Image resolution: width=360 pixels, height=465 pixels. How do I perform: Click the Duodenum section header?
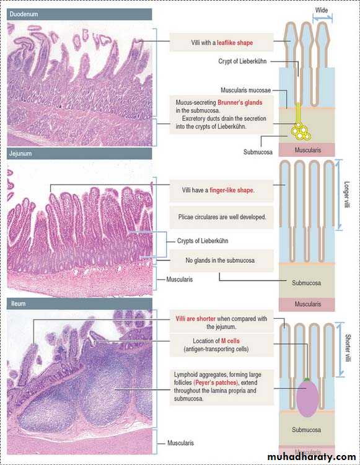tap(79, 14)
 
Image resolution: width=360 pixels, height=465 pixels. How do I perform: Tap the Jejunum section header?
tap(79, 154)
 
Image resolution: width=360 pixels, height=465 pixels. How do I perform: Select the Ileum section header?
tap(79, 304)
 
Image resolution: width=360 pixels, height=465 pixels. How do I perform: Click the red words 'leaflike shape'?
tap(235, 43)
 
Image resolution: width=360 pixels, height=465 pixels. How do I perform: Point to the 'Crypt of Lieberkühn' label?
tap(242, 61)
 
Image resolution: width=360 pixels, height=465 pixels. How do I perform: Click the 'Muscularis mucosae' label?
tap(245, 90)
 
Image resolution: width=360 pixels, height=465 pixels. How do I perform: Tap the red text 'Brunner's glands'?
tap(240, 102)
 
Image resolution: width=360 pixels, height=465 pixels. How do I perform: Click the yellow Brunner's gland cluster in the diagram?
tap(301, 130)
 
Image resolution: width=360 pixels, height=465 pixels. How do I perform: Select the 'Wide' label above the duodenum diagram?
tap(322, 11)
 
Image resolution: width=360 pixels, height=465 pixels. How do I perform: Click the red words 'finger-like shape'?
tap(231, 190)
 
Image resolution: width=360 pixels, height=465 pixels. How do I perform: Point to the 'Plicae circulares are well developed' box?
tap(222, 217)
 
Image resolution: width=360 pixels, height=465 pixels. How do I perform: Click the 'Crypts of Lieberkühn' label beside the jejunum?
tap(203, 241)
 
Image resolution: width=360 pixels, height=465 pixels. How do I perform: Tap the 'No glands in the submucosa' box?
tap(222, 260)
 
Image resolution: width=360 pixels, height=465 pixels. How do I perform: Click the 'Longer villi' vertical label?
tap(347, 195)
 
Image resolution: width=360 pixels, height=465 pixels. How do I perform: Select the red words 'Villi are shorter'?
tap(196, 319)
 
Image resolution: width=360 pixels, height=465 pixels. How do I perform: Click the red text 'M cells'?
tap(230, 341)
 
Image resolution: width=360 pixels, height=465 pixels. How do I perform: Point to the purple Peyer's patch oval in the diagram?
tap(307, 399)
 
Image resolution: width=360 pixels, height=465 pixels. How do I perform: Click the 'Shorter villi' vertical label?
tap(348, 348)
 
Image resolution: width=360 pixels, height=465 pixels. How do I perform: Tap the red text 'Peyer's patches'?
tap(216, 383)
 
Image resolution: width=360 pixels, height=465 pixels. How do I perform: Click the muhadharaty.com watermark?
tap(312, 457)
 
